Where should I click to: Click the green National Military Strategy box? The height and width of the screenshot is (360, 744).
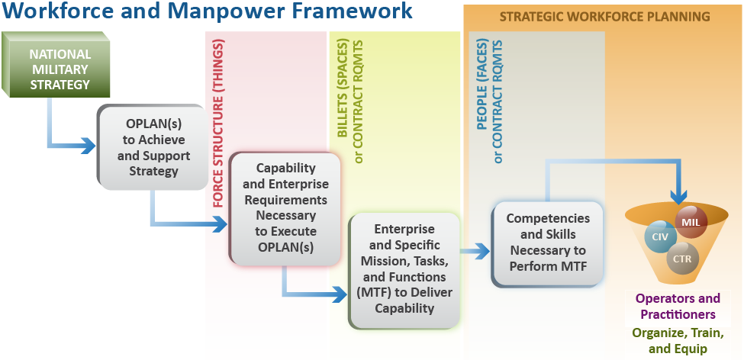point(60,69)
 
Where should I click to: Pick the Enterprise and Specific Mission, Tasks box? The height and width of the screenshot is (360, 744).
point(404,268)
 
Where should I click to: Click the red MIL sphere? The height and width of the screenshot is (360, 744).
point(691,222)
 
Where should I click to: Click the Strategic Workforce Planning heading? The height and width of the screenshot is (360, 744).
point(604,16)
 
